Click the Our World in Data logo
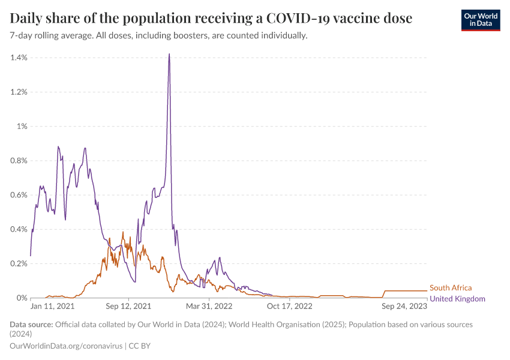pos(480,20)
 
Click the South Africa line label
pos(451,288)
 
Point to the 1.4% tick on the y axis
pos(19,58)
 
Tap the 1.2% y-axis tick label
pos(19,92)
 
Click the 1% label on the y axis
pos(22,126)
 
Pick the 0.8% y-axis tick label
pos(19,161)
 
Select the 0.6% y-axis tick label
pos(19,195)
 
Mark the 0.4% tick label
pos(19,229)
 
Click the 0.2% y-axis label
pos(19,263)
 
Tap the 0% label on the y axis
pos(22,298)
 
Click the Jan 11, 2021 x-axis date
pos(53,306)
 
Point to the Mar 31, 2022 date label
pos(209,306)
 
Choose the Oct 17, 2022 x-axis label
pos(290,306)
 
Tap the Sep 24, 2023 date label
pos(405,306)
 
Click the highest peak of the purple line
pos(169,54)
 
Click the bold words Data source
pos(31,325)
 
